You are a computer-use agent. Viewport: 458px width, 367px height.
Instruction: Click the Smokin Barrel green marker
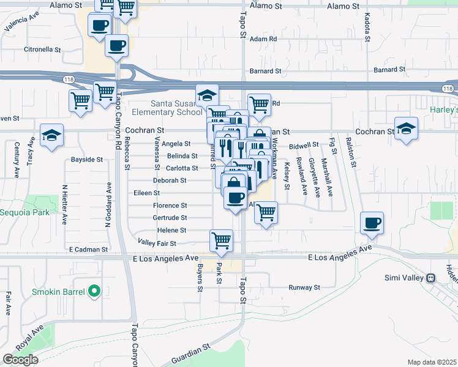(94, 291)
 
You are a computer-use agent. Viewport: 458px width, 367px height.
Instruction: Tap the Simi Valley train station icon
(431, 278)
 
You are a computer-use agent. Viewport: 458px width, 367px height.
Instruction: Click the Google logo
(20, 360)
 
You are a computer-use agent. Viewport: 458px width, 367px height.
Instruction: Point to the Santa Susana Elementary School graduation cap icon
(208, 95)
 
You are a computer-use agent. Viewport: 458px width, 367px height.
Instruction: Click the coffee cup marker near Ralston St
(372, 223)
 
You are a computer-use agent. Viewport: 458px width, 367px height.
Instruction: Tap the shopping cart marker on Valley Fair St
(221, 241)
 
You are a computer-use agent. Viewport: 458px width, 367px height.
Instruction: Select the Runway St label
(304, 287)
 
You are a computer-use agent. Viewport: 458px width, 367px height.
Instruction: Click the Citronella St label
(42, 49)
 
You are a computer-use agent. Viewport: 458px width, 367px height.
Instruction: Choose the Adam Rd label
(264, 38)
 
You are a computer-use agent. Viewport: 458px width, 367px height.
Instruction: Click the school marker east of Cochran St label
(405, 128)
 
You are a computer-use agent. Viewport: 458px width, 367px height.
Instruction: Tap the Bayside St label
(86, 159)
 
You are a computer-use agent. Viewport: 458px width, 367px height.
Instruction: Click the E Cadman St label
(88, 250)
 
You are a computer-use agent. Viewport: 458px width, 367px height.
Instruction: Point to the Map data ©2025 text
(432, 362)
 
